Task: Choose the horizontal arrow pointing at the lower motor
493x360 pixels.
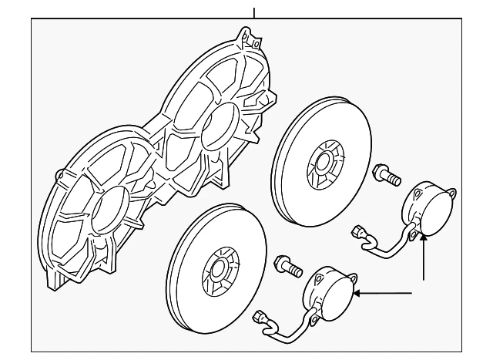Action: pos(385,292)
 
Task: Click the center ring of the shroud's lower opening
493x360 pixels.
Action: pos(109,208)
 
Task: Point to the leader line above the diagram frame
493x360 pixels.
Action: pos(253,9)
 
